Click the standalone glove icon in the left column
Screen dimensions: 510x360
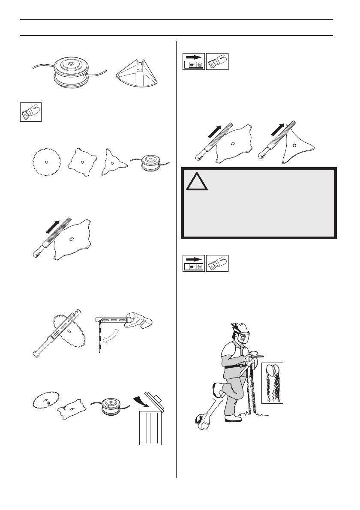tap(30, 112)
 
